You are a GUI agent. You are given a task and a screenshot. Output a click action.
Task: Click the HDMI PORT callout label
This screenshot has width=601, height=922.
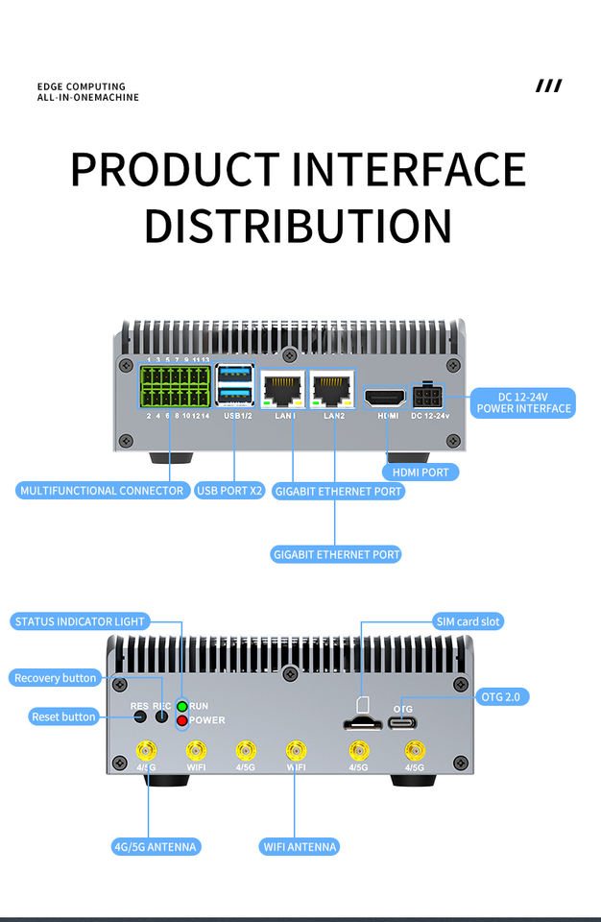tap(420, 472)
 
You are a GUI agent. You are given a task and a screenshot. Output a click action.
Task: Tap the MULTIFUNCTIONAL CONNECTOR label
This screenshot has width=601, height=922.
tap(102, 491)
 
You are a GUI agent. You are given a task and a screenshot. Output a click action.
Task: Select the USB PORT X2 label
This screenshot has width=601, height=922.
tap(229, 491)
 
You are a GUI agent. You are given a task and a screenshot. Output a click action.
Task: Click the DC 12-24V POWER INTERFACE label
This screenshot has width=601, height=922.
tap(523, 402)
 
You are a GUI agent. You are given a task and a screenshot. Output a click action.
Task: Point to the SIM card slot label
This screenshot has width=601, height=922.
tap(468, 621)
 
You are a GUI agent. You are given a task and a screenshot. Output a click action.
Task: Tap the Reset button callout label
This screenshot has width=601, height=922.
tap(63, 716)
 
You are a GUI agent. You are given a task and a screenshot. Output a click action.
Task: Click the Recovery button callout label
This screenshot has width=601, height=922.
tap(56, 678)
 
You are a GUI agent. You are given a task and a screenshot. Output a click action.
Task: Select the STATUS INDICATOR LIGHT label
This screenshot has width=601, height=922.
tap(80, 621)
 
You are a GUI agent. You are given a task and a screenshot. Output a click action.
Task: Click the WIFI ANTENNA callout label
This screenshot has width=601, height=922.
tap(300, 846)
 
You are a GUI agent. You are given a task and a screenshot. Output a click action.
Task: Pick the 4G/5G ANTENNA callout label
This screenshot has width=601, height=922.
tap(156, 846)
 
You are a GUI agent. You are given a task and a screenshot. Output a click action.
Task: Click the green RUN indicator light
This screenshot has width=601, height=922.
tap(181, 707)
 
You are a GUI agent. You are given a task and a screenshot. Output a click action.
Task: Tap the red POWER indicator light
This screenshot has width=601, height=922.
tap(181, 720)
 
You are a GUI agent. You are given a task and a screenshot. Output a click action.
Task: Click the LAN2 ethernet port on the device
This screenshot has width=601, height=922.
tap(332, 389)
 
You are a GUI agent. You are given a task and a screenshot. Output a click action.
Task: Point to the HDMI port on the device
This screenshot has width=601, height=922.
tap(386, 396)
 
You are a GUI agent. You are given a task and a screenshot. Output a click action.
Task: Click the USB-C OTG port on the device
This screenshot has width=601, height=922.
tap(403, 721)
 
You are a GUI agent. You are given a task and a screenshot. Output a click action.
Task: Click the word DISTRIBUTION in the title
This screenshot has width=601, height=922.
tap(298, 224)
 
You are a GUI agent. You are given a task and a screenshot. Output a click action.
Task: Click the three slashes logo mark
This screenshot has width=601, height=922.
tap(548, 86)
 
